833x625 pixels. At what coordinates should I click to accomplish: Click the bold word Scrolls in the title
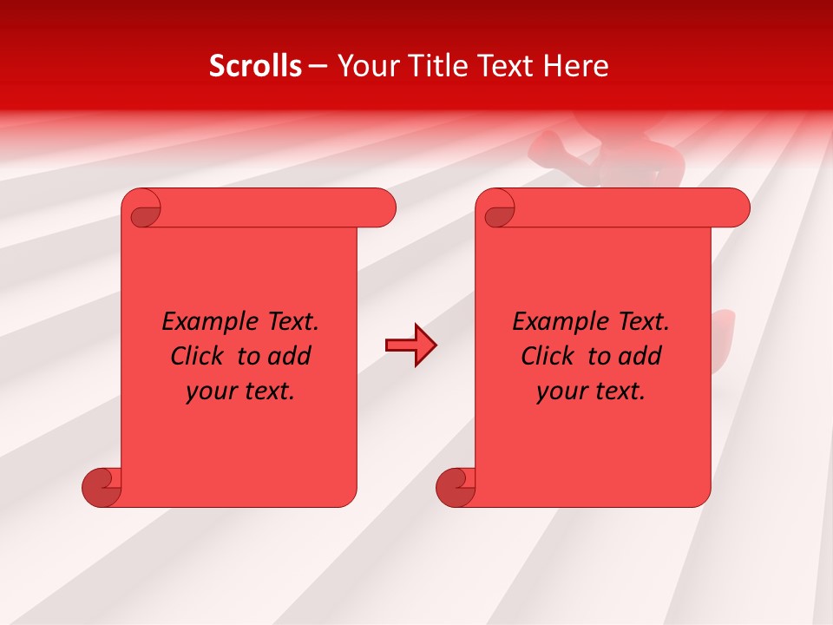click(x=255, y=66)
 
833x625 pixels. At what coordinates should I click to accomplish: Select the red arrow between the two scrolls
click(x=410, y=345)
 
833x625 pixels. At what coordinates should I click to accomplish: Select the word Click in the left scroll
click(x=199, y=356)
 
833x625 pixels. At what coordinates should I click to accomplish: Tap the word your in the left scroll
click(x=212, y=391)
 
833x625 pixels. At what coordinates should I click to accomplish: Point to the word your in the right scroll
click(x=562, y=391)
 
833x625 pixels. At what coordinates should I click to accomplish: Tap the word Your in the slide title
click(x=365, y=66)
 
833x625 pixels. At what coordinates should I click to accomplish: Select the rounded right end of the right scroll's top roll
click(x=734, y=208)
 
